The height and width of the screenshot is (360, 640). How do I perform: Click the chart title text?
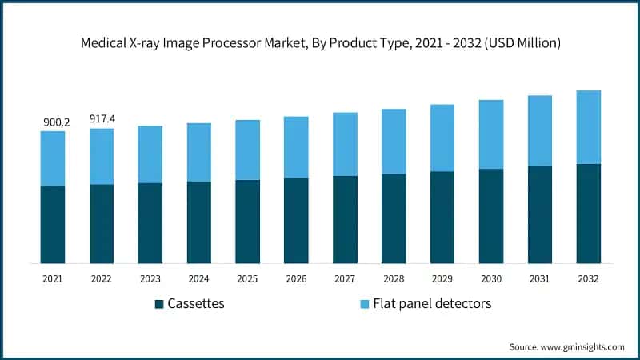pos(320,42)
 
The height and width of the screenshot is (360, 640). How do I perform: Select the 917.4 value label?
pos(102,119)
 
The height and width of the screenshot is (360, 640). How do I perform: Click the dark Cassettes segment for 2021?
pos(53,224)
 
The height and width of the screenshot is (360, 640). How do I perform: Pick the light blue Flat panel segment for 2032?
pos(588,127)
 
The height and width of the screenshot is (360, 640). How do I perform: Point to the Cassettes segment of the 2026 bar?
pos(296,220)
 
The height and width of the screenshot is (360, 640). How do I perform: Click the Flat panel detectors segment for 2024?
pos(198,152)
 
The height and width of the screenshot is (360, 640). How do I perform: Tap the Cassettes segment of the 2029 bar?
pos(442,217)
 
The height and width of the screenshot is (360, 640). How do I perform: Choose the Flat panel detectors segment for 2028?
pos(394,142)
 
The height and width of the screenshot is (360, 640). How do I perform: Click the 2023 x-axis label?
pos(150,278)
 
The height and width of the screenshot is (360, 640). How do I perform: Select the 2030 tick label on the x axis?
pos(490,278)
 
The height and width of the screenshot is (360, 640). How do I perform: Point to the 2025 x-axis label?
pos(247,278)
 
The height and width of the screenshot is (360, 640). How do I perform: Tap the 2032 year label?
pos(588,278)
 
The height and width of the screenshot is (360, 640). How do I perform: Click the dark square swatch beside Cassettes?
pos(159,304)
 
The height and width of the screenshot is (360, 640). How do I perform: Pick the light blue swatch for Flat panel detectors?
pos(364,304)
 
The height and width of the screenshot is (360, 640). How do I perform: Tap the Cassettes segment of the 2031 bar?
pos(539,214)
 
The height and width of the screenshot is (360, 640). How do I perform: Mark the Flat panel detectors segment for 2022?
pos(102,156)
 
